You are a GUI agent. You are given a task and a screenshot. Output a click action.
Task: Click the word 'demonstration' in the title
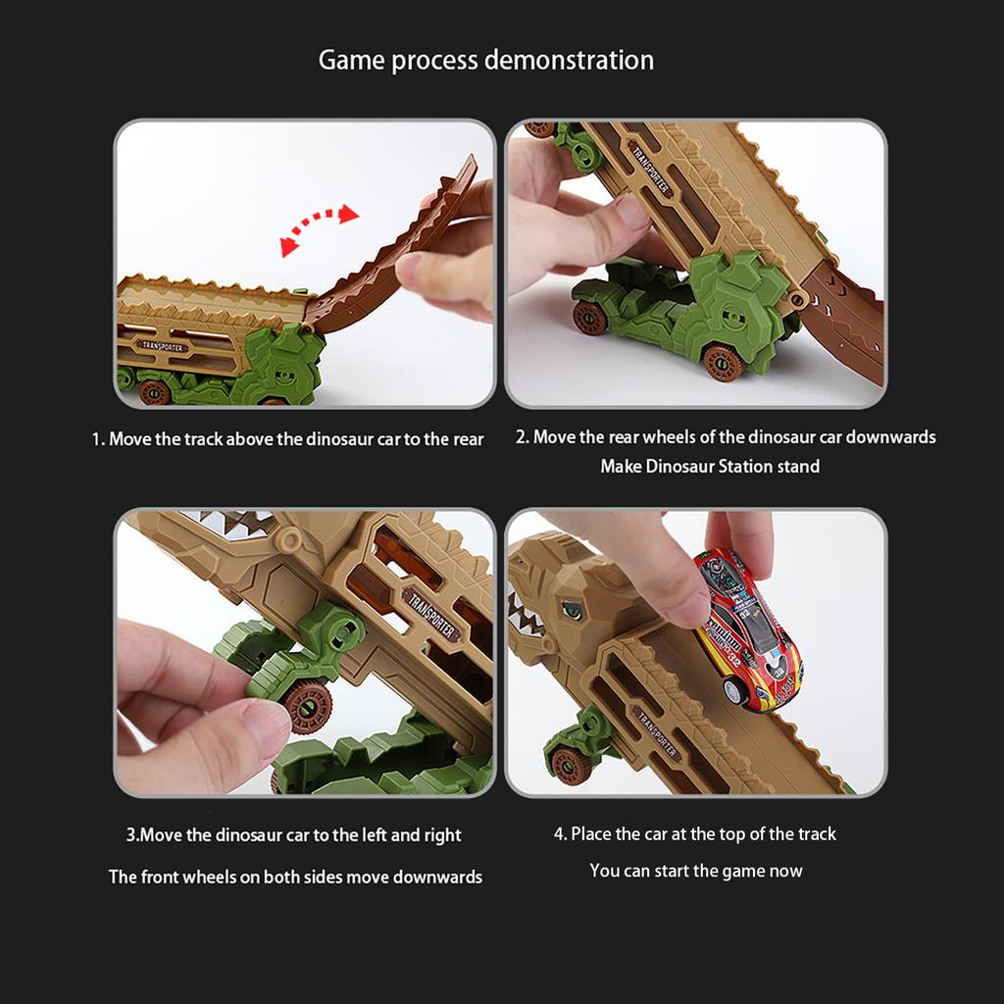[570, 60]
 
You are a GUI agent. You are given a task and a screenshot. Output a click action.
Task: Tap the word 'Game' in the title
[352, 60]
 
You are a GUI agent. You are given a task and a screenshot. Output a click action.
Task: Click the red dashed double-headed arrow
[320, 228]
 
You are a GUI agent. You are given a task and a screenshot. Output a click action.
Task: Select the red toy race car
[747, 629]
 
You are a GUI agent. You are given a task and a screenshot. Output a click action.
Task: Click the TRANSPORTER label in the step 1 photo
[163, 346]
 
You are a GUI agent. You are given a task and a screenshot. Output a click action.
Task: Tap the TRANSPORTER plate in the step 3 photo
[431, 614]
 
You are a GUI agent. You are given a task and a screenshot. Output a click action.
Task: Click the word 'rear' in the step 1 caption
[470, 439]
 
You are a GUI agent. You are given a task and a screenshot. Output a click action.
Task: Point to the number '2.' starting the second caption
[523, 436]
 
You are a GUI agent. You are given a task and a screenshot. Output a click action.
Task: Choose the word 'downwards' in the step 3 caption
[437, 877]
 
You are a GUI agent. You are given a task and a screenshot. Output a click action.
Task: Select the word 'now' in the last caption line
[789, 872]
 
